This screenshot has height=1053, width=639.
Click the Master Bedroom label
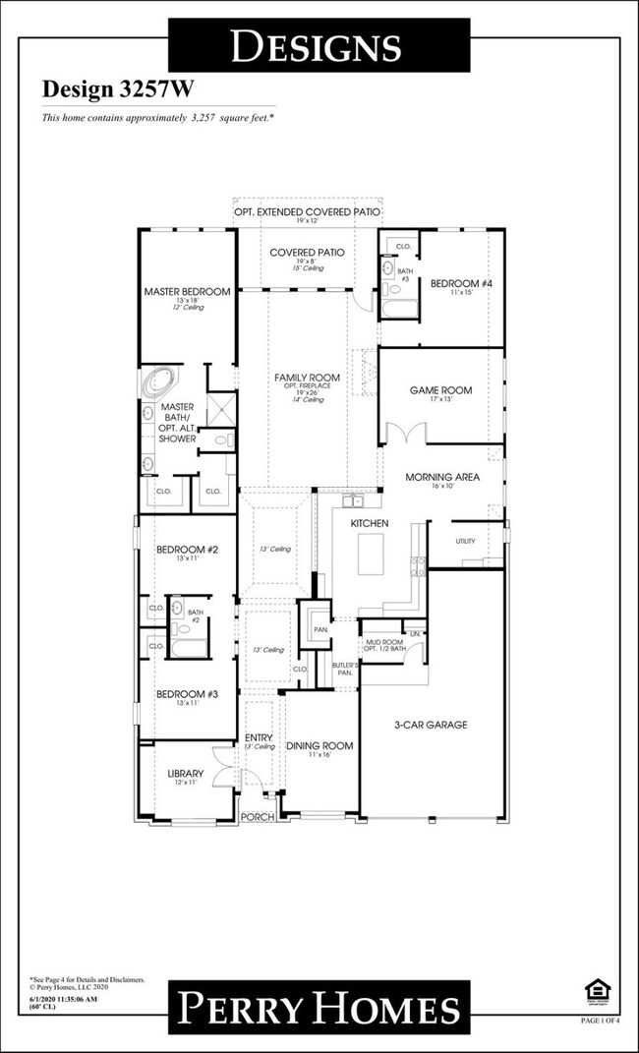pos(187,292)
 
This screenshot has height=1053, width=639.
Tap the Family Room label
pos(307,378)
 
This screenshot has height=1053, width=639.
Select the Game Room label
pos(440,390)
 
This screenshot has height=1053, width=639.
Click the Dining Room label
pos(319,746)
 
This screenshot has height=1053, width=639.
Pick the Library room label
pos(185,773)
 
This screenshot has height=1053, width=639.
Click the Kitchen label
pos(370,523)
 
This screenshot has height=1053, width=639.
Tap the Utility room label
pos(465,542)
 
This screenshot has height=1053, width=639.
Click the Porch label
pos(258,816)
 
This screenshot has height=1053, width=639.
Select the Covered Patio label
pos(307,253)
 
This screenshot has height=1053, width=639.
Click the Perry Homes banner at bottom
pos(319,1008)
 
